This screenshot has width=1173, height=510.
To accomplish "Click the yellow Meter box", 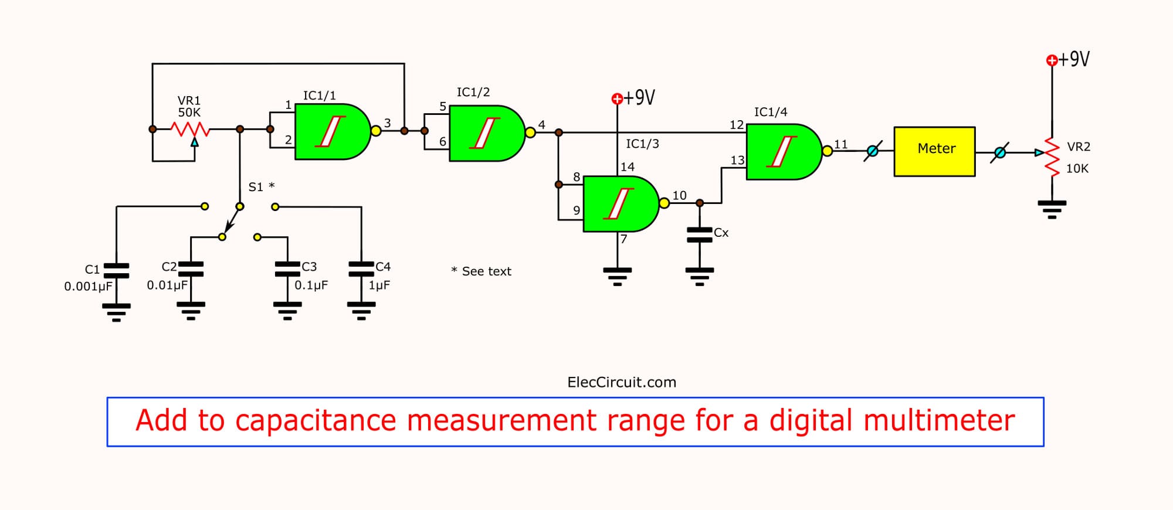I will pos(934,151).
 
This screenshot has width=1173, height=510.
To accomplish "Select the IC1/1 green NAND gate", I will pos(330,131).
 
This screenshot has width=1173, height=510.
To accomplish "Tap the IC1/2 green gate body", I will pos(485,133).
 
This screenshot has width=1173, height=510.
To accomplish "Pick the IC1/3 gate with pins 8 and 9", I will pos(619,203).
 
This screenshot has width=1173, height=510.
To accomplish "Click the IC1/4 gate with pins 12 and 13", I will pos(782,151).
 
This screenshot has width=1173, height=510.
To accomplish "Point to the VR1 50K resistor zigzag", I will pos(189,128).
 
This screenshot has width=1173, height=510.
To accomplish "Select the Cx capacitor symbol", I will pos(699,235).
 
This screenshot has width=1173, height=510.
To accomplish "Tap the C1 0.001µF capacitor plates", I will pos(116,270).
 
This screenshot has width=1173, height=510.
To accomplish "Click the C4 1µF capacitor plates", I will pos(361,269).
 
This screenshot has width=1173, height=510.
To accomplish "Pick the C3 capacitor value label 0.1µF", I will pos(311,285).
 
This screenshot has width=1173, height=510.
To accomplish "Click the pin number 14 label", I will pos(628,167).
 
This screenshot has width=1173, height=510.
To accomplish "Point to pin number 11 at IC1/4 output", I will pos(841,144).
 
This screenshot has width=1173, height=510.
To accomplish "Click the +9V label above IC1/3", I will pos(639,97).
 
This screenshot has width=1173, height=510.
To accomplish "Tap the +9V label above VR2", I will pos(1073,59).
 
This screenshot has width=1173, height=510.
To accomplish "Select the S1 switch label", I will pos(256,187).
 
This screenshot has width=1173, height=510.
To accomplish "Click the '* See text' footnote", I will pos(482,271).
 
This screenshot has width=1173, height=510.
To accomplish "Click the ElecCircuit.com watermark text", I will pos(622,382).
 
